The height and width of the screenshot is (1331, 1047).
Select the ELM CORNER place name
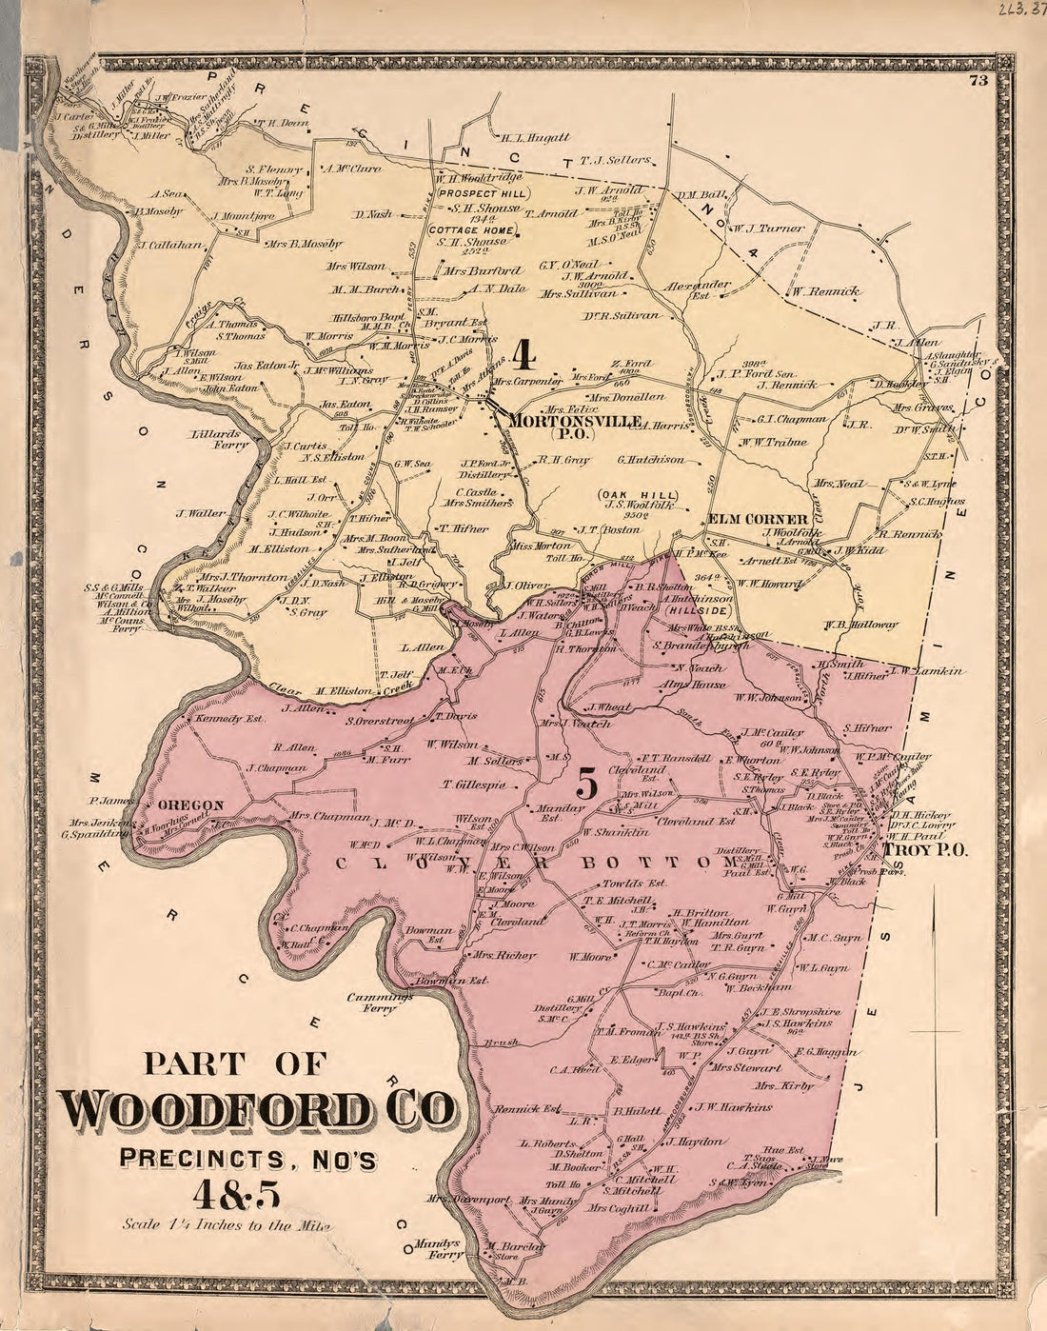(x=757, y=520)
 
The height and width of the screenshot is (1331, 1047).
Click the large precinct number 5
(x=587, y=785)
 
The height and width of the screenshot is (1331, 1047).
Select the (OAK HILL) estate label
(x=638, y=495)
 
